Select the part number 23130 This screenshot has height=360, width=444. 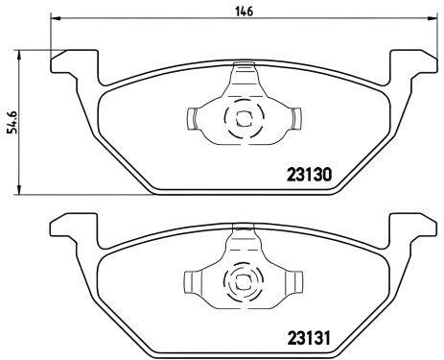(310, 176)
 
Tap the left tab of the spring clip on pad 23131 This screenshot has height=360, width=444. (192, 282)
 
